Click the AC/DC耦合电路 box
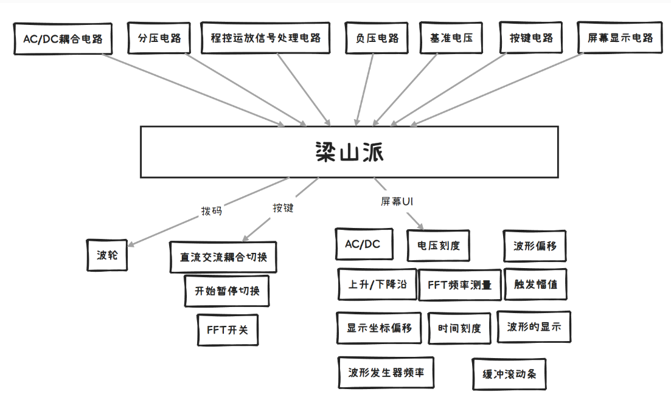(63, 39)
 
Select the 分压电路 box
(159, 38)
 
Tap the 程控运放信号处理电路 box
(265, 38)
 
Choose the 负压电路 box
(377, 38)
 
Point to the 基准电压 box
(451, 38)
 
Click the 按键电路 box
(530, 38)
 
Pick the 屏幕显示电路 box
(620, 38)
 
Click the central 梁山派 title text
(349, 152)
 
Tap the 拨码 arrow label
(212, 211)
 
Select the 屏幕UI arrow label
(397, 201)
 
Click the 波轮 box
(107, 255)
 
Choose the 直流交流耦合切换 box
(223, 257)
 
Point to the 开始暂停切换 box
(227, 291)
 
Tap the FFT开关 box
(228, 329)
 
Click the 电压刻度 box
(438, 246)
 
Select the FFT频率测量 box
(459, 285)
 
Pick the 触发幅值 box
(535, 285)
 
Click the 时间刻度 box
(459, 328)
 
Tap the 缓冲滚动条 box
(509, 374)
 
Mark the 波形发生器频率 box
(386, 373)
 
